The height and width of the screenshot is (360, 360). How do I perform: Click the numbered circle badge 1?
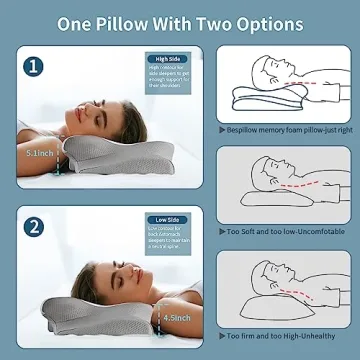coord(36,69)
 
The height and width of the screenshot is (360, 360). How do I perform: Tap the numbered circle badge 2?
coord(36,226)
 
